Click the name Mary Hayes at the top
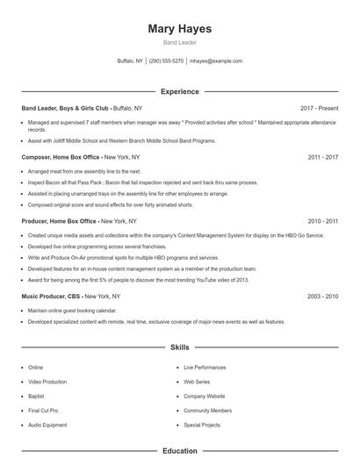179,28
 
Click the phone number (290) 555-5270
166,61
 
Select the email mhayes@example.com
216,61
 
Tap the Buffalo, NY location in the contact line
129,61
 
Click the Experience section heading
179,91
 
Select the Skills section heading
179,347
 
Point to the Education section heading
179,451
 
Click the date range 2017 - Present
319,108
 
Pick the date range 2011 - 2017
322,157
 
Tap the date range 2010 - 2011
322,221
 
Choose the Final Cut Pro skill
43,411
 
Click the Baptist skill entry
36,397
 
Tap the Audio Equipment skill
47,425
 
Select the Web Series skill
197,382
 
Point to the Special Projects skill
202,425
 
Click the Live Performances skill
205,368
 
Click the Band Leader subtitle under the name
179,42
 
